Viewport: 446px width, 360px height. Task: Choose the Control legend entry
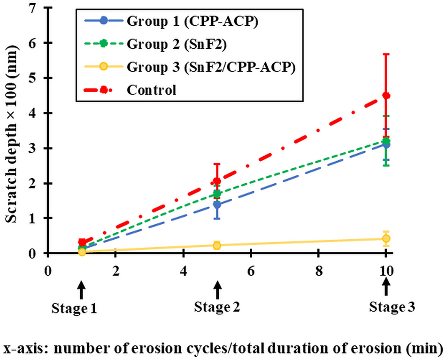click(151, 89)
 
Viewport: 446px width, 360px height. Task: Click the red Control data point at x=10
click(386, 95)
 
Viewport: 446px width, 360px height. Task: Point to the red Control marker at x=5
click(217, 181)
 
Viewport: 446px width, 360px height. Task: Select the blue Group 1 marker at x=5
click(217, 204)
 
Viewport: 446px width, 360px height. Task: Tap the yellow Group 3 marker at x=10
click(386, 239)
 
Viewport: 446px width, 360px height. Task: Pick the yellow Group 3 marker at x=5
click(217, 245)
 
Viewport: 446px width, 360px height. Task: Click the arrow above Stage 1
click(81, 290)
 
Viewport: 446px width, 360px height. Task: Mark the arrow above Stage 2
click(217, 290)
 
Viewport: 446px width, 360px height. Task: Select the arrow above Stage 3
click(386, 286)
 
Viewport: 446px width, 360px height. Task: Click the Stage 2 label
click(217, 307)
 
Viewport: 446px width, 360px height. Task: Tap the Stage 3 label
click(392, 307)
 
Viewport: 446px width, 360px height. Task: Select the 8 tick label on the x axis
click(318, 272)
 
